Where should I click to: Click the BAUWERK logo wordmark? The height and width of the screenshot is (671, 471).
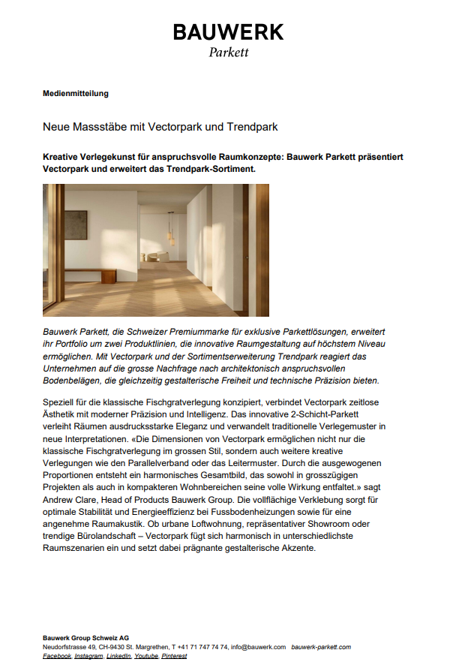[228, 32]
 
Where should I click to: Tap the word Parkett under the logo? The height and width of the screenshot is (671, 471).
[228, 53]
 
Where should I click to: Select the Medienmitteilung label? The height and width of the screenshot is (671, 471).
[76, 94]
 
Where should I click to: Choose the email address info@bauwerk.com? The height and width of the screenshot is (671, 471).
[259, 647]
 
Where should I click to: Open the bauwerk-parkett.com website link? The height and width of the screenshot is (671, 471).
[320, 647]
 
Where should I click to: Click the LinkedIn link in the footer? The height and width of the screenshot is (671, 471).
[118, 656]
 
